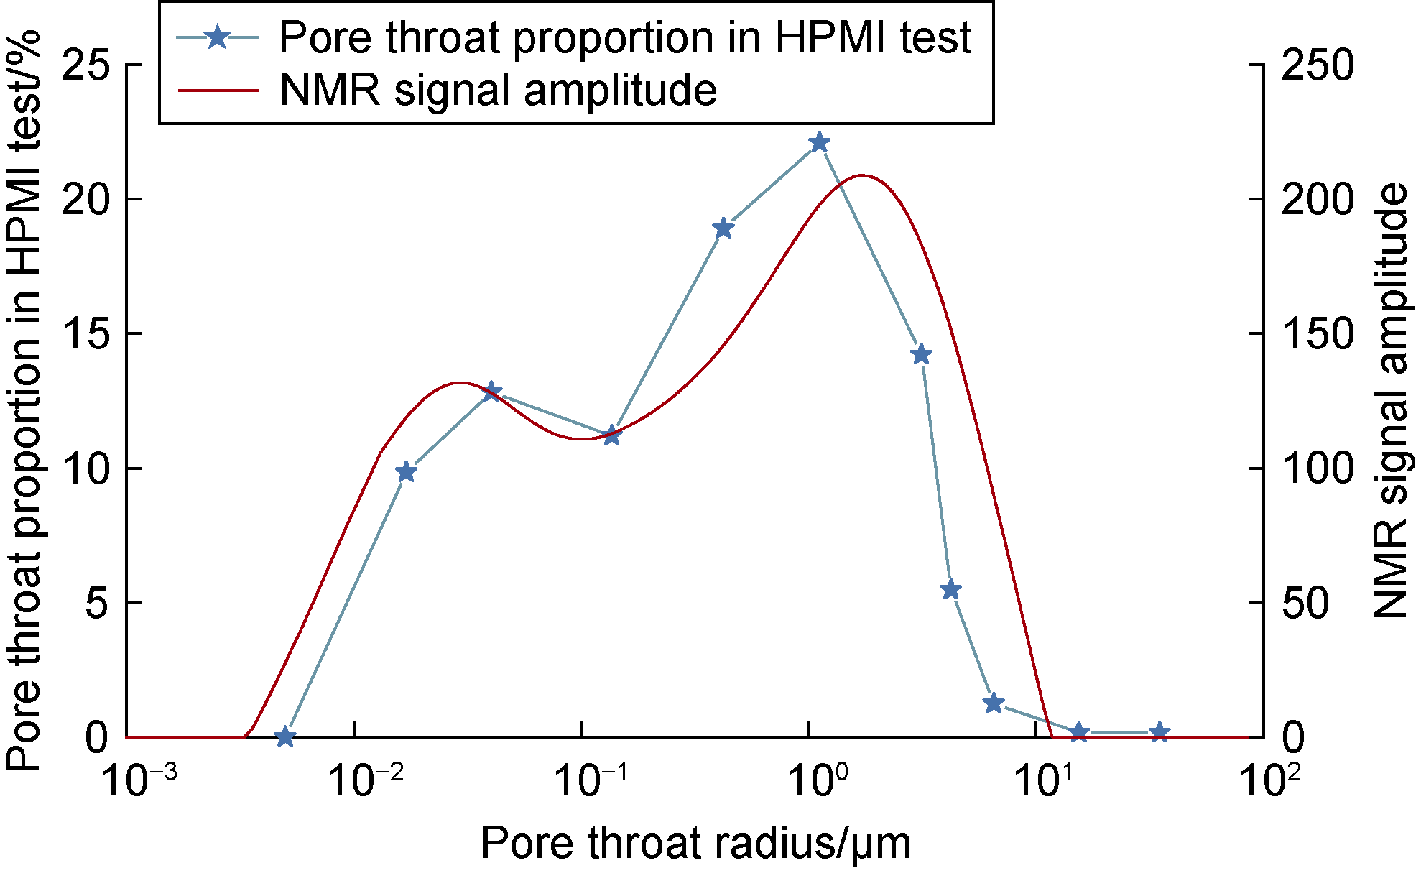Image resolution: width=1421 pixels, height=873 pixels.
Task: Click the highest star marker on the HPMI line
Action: click(819, 143)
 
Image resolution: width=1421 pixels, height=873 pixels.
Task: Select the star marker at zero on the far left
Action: click(285, 736)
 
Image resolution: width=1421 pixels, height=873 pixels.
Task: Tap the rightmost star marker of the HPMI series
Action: click(1159, 733)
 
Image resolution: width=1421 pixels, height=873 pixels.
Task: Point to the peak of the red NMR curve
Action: click(862, 175)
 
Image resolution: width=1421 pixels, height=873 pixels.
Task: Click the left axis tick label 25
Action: click(85, 65)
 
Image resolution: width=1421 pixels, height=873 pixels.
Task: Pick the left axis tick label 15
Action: click(85, 334)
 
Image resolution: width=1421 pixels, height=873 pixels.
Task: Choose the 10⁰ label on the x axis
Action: click(818, 780)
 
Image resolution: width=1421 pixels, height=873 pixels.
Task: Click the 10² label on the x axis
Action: click(1271, 780)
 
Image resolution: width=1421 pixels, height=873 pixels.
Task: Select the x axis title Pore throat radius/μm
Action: click(695, 844)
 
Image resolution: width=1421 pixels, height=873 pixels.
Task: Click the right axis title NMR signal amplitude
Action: click(1392, 400)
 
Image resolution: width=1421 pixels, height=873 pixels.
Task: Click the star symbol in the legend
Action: click(217, 37)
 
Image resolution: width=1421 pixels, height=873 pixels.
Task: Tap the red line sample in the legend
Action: click(217, 91)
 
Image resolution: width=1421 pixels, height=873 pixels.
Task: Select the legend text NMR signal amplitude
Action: click(498, 91)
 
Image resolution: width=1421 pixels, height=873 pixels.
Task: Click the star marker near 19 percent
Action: click(723, 228)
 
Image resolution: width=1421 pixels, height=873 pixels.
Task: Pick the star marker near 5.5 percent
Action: click(950, 590)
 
